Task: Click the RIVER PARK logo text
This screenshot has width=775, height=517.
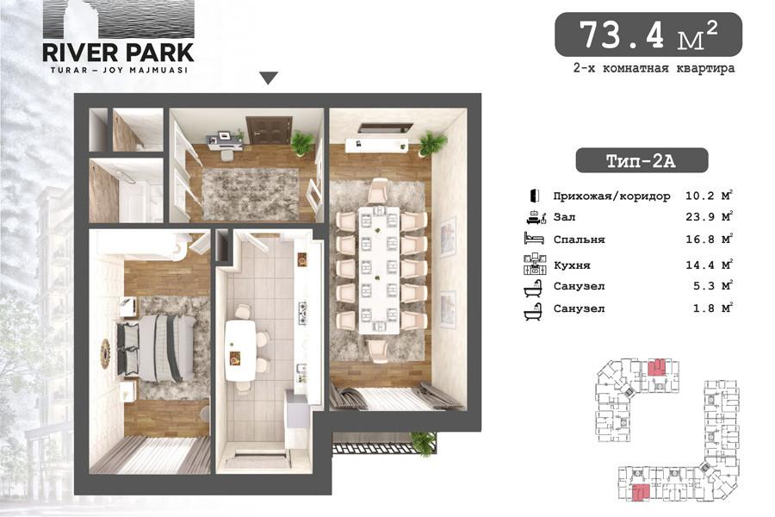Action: (118, 53)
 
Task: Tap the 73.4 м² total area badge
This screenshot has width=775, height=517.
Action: (648, 34)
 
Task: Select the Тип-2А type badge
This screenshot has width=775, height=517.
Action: (642, 161)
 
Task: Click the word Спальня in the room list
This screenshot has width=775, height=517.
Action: (579, 240)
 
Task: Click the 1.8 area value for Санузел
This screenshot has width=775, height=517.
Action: (704, 308)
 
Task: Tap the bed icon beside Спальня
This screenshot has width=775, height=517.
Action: (533, 238)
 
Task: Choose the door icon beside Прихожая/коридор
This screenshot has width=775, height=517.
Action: (534, 196)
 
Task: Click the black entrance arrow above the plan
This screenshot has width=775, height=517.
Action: (269, 78)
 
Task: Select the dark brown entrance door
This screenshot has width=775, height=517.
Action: (263, 130)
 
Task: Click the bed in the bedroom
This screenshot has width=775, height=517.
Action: (156, 348)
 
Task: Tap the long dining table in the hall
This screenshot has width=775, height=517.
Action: (379, 270)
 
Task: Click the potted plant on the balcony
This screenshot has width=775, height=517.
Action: (424, 443)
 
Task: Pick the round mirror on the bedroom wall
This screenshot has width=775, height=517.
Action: (105, 354)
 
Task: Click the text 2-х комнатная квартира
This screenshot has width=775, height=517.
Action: (654, 68)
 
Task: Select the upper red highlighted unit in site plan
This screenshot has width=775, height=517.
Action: (655, 368)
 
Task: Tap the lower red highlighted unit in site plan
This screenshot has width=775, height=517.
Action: (640, 493)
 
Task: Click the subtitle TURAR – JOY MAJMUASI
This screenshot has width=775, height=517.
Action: (119, 71)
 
